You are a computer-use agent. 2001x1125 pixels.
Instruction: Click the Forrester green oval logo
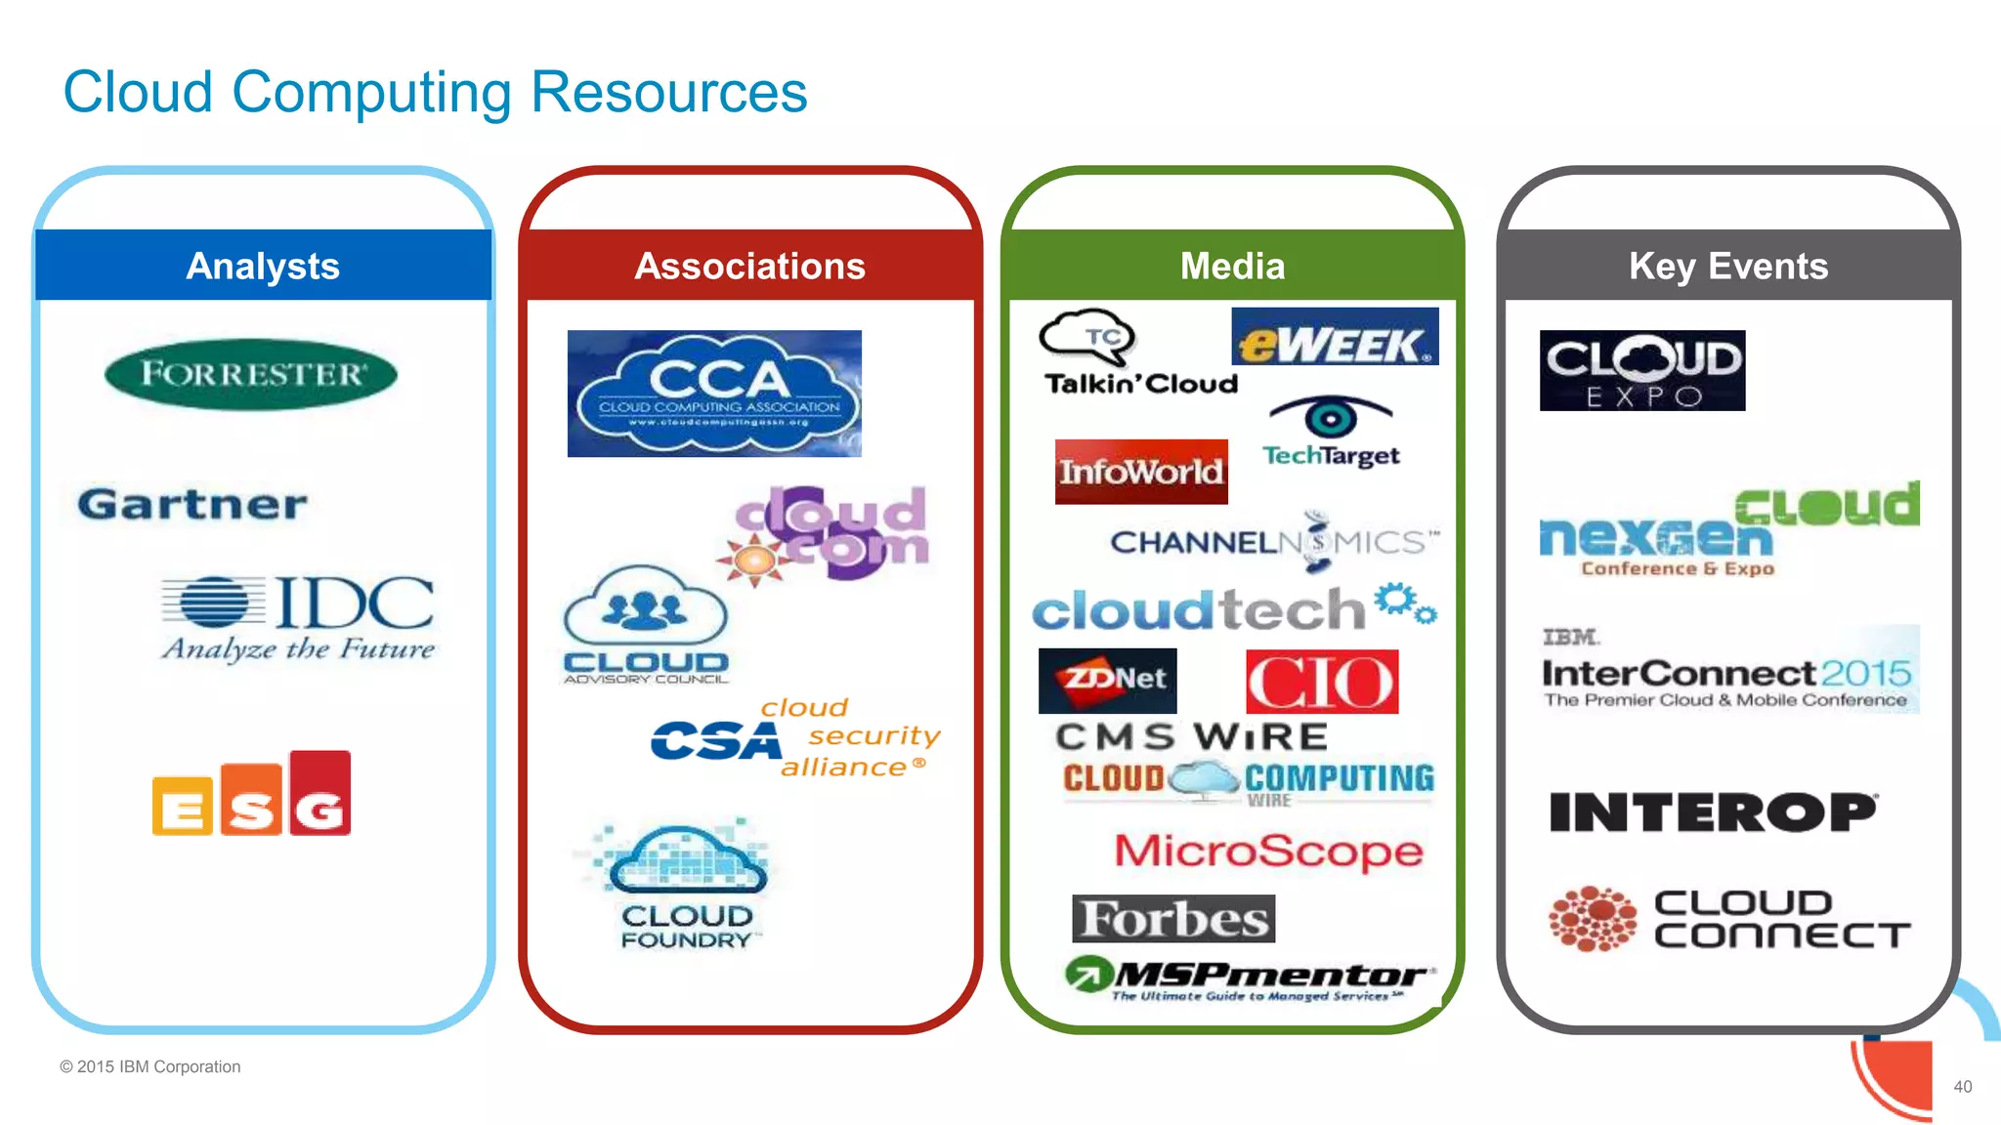pyautogui.click(x=251, y=374)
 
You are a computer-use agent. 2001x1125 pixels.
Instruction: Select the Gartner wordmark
pyautogui.click(x=192, y=505)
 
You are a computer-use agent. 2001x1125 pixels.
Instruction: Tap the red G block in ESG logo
pyautogui.click(x=320, y=795)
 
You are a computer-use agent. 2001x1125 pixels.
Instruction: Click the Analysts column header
pyautogui.click(x=263, y=266)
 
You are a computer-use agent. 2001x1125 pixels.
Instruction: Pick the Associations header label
pyautogui.click(x=749, y=266)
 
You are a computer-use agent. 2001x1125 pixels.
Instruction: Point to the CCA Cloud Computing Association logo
pyautogui.click(x=714, y=394)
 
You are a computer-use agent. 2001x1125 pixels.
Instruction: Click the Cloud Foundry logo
pyautogui.click(x=687, y=885)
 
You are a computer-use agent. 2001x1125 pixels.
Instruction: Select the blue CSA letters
pyautogui.click(x=715, y=741)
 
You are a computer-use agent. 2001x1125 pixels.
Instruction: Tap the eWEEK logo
pyautogui.click(x=1335, y=338)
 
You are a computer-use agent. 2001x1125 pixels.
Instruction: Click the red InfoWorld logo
pyautogui.click(x=1141, y=472)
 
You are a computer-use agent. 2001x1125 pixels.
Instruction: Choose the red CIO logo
pyautogui.click(x=1322, y=682)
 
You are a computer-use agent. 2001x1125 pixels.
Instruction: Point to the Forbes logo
pyautogui.click(x=1173, y=919)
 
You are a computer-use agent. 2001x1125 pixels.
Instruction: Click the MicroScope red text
pyautogui.click(x=1268, y=851)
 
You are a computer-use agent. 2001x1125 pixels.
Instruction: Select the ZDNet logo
pyautogui.click(x=1107, y=680)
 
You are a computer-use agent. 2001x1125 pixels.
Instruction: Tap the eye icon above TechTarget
pyautogui.click(x=1330, y=418)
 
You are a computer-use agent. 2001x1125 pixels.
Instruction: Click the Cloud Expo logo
pyautogui.click(x=1642, y=370)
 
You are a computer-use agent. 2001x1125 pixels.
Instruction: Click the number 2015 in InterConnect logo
pyautogui.click(x=1865, y=673)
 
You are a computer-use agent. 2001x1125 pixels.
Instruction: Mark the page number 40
pyautogui.click(x=1962, y=1087)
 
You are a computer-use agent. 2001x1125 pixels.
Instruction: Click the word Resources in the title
pyautogui.click(x=668, y=93)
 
